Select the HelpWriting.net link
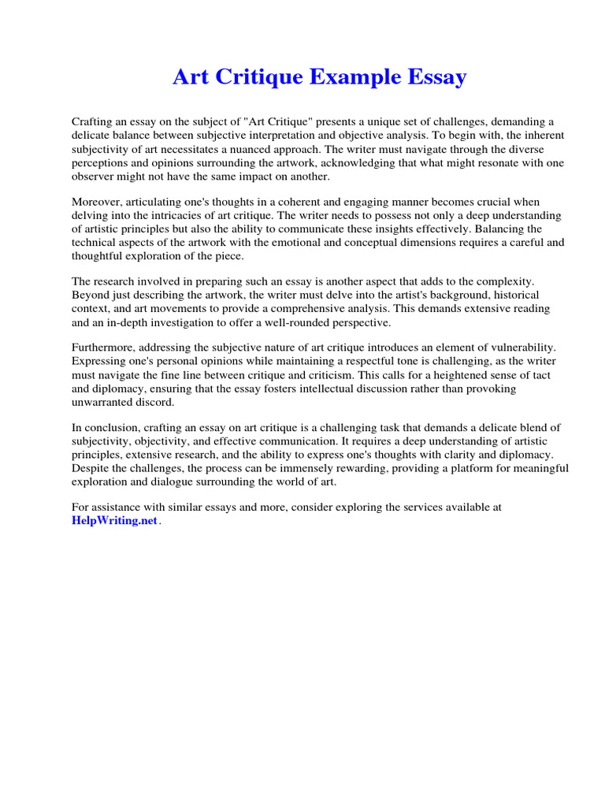pos(115,522)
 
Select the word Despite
pos(91,468)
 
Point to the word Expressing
pos(98,360)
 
